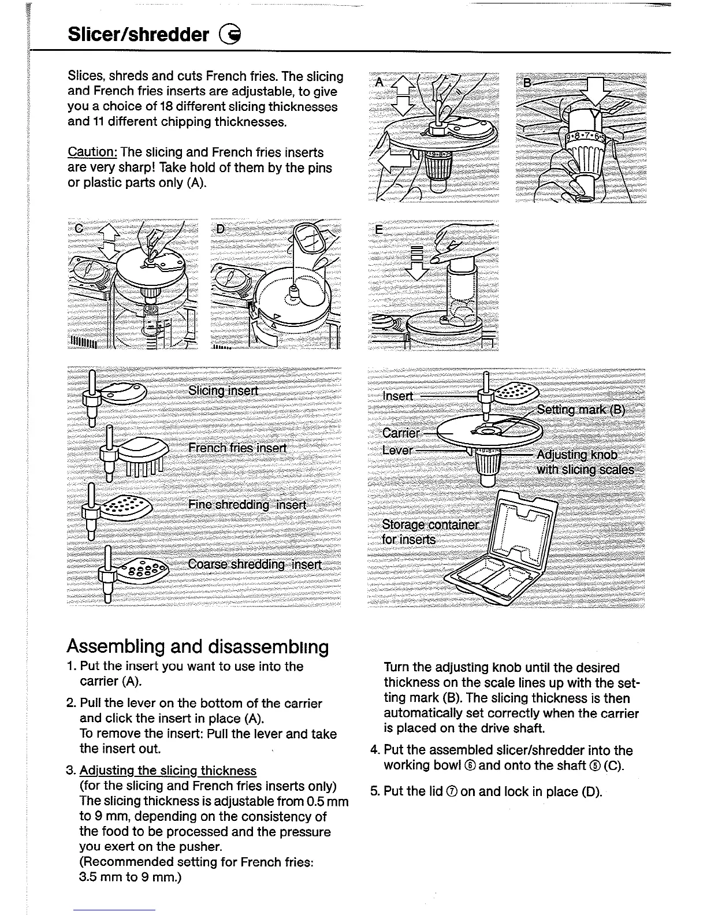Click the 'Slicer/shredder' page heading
[x=138, y=35]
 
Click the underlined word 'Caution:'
[x=93, y=152]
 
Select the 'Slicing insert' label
[x=224, y=390]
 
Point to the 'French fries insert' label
[x=237, y=448]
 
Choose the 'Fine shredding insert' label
[x=247, y=505]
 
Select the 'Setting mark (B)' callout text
[x=581, y=410]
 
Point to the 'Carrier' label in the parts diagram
[x=401, y=433]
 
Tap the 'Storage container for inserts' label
[x=430, y=532]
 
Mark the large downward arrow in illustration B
[x=595, y=92]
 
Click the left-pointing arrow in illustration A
[x=393, y=156]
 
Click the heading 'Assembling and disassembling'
[x=198, y=646]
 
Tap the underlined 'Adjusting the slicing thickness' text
[x=168, y=771]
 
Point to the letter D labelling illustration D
[x=220, y=229]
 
